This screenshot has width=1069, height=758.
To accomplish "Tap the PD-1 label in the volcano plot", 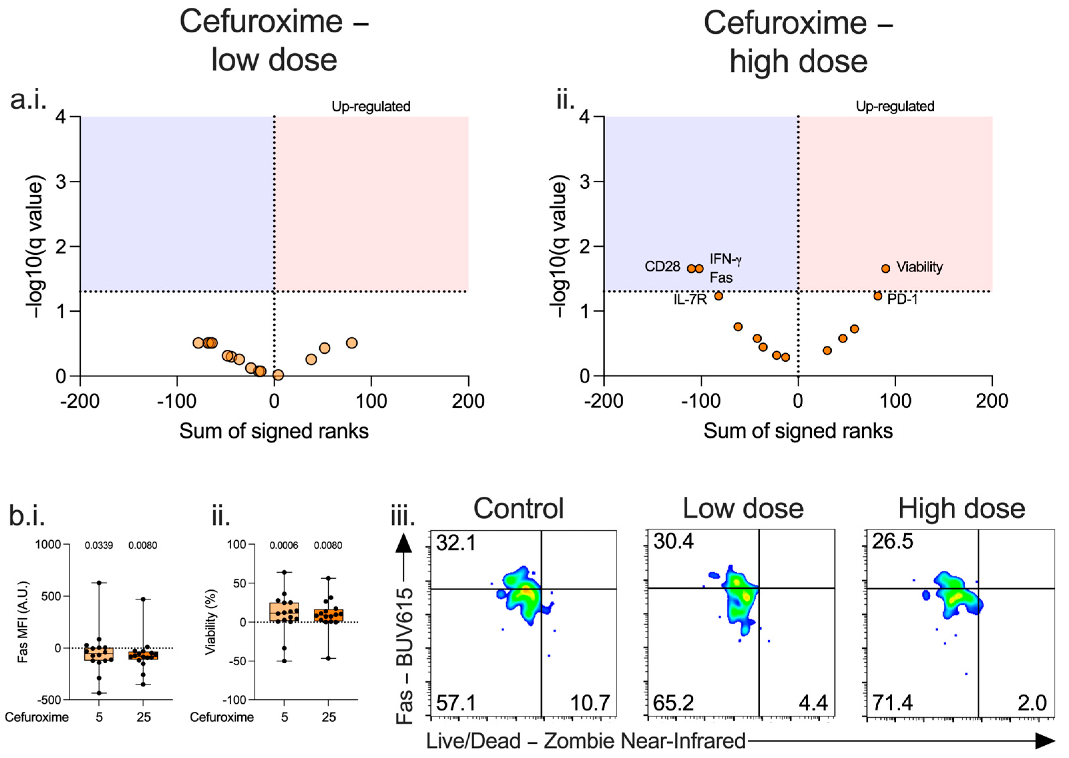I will (902, 299).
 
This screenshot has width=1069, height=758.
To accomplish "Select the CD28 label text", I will (662, 267).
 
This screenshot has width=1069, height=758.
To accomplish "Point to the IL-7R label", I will (690, 299).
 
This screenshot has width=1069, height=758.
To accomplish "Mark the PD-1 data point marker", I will (878, 296).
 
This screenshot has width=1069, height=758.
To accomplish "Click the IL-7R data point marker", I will (719, 296).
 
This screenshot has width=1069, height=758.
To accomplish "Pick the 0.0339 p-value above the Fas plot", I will (99, 545).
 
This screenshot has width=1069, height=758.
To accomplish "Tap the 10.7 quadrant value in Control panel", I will (590, 703).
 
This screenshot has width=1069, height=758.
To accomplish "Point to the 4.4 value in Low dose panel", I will (813, 703).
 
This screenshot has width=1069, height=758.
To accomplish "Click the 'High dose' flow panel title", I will (961, 509).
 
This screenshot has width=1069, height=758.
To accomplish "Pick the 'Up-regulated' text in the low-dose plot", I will (371, 107).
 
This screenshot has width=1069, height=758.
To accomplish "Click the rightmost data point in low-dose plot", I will (352, 343).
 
